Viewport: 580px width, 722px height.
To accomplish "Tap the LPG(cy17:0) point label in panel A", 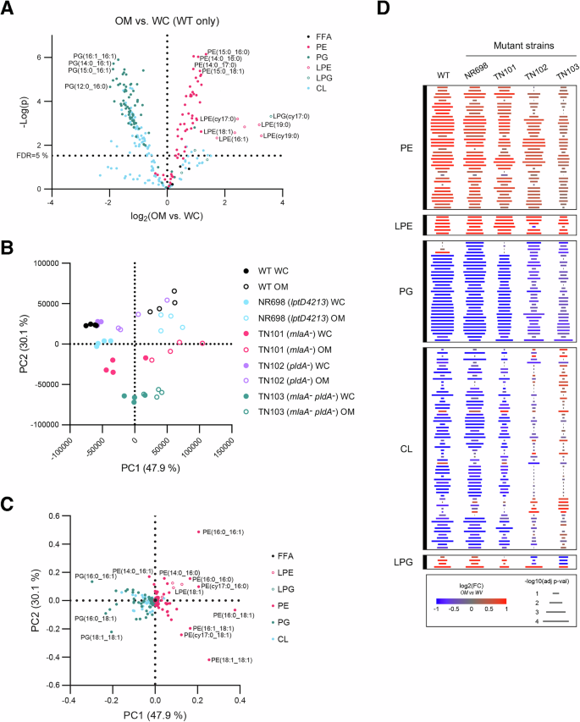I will pos(290,115).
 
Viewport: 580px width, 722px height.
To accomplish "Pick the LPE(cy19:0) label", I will pos(284,135).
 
